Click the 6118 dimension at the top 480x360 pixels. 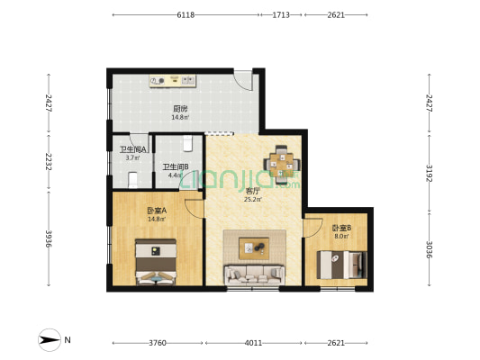[186, 15]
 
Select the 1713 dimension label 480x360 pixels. [281, 15]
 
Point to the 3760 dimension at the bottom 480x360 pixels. [158, 343]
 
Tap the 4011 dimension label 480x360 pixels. [253, 343]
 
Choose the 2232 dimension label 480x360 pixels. [47, 161]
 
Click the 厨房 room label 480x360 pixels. [180, 108]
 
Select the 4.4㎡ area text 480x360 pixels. [175, 175]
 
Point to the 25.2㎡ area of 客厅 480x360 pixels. [252, 200]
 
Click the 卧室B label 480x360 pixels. [340, 228]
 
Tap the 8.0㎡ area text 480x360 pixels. [340, 237]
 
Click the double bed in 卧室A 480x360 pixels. [156, 264]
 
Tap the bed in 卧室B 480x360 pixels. [341, 265]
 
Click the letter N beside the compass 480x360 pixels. [68, 340]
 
